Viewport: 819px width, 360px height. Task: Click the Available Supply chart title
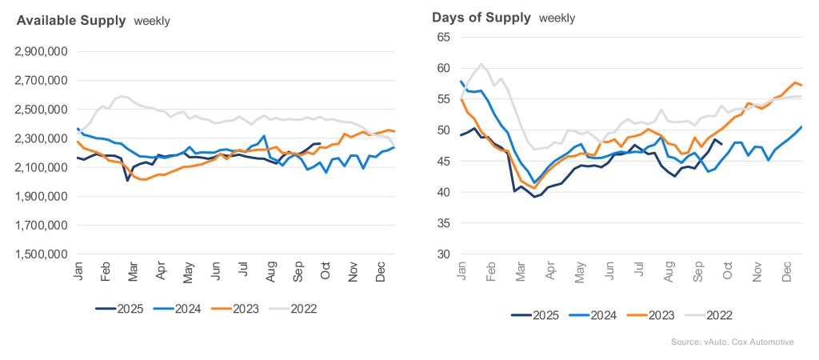point(71,21)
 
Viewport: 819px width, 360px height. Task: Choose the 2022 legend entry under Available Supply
point(301,308)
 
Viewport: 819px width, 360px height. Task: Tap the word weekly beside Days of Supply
point(557,18)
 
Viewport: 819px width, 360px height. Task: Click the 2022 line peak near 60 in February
point(481,64)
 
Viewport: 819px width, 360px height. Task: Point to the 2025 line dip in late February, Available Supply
point(128,180)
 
